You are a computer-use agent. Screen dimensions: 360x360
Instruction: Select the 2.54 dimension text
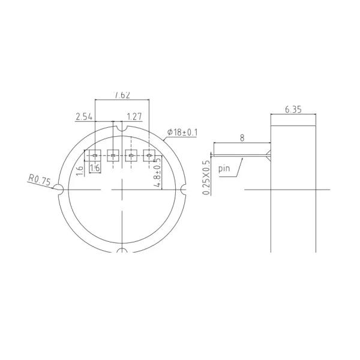[x=84, y=117]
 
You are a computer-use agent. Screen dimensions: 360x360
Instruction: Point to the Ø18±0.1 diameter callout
[x=182, y=131]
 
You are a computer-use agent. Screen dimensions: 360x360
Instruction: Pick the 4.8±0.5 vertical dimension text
[x=158, y=173]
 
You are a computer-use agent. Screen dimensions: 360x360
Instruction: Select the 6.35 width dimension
[x=293, y=109]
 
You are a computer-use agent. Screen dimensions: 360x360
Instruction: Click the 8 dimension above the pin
[x=242, y=137]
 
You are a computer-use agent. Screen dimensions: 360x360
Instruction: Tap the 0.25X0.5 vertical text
[x=207, y=178]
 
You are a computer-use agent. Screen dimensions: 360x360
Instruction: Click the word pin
[x=224, y=169]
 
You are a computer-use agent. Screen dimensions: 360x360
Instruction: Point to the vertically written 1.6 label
[x=80, y=169]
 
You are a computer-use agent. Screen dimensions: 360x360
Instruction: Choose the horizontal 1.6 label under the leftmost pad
[x=94, y=169]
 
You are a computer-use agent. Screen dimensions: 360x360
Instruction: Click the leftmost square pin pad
[x=94, y=155]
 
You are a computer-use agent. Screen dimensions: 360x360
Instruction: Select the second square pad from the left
[x=113, y=155]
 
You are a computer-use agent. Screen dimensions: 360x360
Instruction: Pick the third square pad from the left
[x=131, y=155]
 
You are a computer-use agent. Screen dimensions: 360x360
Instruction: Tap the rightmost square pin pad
[x=149, y=155]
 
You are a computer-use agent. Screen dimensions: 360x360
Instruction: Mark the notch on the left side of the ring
[x=59, y=190]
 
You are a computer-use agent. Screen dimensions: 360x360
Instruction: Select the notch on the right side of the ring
[x=184, y=190]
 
